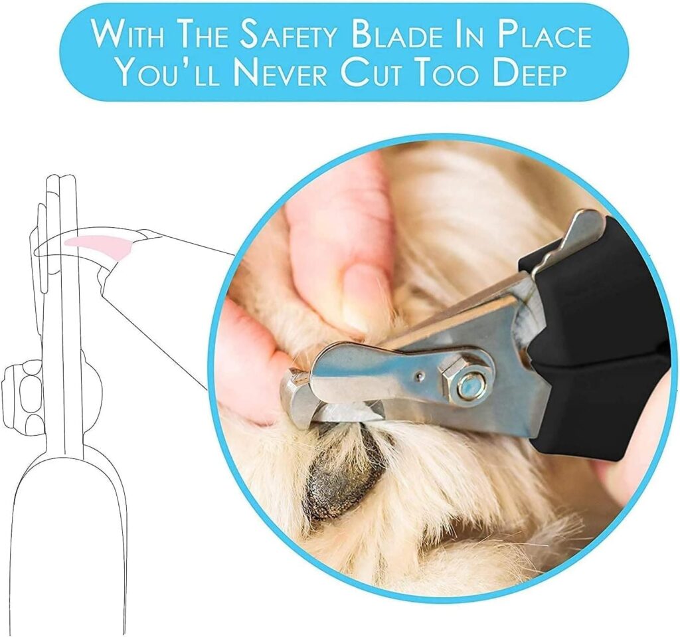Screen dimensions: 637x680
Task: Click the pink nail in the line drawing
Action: [100, 244]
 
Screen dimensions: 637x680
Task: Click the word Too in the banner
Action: [442, 72]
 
